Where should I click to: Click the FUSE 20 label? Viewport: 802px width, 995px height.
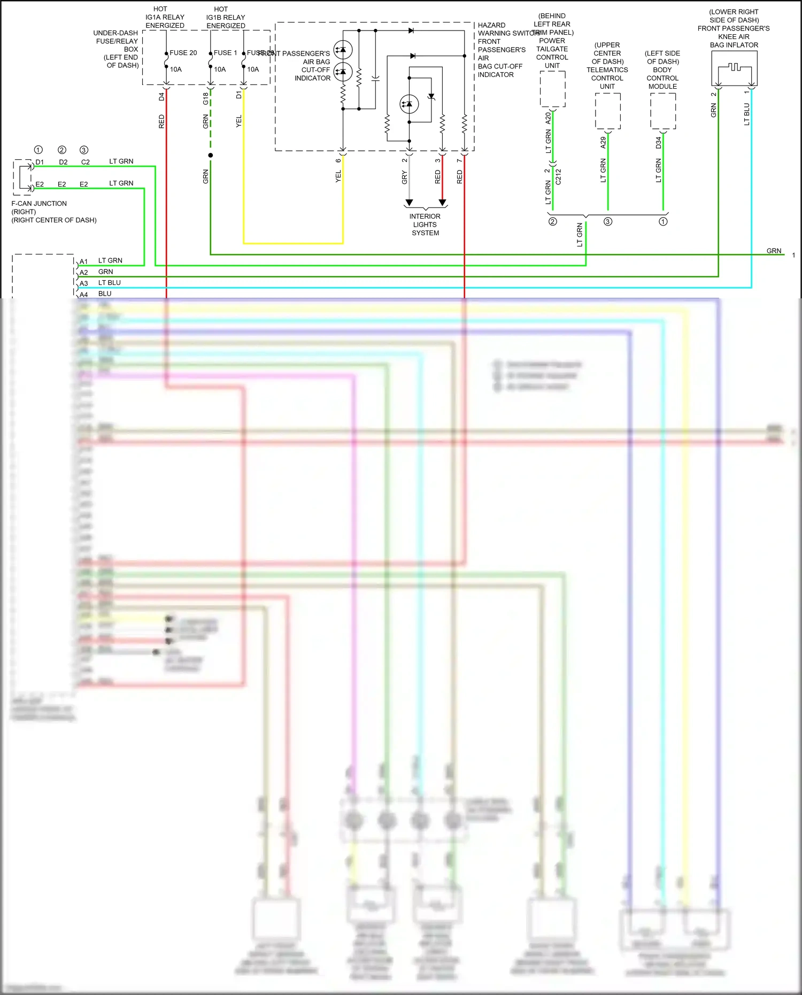coord(183,53)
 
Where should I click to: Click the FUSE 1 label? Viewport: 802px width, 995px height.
coord(225,53)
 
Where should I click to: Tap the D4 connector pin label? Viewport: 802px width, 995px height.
coord(161,97)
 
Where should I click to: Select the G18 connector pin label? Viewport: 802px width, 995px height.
coord(205,98)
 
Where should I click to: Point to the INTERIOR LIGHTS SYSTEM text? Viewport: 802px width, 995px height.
coord(425,225)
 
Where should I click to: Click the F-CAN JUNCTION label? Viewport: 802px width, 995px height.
coord(39,204)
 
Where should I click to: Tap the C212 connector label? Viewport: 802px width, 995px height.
coord(558,177)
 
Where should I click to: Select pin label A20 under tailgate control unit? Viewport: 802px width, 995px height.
coord(548,118)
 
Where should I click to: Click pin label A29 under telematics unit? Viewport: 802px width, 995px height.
coord(603,142)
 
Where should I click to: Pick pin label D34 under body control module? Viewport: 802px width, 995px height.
coord(659,143)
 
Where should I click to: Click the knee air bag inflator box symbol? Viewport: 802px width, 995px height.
coord(734,68)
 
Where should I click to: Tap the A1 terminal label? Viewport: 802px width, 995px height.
coord(83,262)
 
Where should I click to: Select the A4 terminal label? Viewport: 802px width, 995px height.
coord(83,295)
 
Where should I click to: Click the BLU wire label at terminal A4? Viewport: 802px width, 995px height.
coord(105,294)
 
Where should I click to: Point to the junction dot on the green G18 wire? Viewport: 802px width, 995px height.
coord(211,156)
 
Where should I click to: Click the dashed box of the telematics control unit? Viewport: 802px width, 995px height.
coord(608,111)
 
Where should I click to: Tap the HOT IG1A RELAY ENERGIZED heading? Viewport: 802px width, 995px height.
coord(165,17)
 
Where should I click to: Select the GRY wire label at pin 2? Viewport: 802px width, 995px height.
coord(405,178)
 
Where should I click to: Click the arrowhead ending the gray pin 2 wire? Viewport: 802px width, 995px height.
coord(409,203)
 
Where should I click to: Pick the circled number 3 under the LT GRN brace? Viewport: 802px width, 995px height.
coord(608,222)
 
